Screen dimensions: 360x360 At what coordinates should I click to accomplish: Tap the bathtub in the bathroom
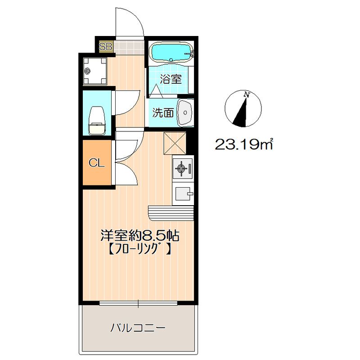pyautogui.click(x=171, y=53)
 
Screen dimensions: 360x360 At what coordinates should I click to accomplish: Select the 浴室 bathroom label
pyautogui.click(x=171, y=80)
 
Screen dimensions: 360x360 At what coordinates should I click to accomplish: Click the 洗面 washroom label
pyautogui.click(x=162, y=112)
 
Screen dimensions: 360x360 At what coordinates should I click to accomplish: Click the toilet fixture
pyautogui.click(x=97, y=120)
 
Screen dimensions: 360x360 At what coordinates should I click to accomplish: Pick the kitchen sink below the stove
pyautogui.click(x=183, y=194)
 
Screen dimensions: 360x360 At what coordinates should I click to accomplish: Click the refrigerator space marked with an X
pyautogui.click(x=175, y=143)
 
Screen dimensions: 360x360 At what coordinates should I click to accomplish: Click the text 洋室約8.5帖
pyautogui.click(x=140, y=235)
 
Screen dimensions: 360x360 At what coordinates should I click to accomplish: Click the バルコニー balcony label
pyautogui.click(x=138, y=327)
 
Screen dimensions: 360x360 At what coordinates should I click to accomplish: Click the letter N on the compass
pyautogui.click(x=246, y=94)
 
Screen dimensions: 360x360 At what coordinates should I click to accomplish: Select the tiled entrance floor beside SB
pyautogui.click(x=128, y=46)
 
